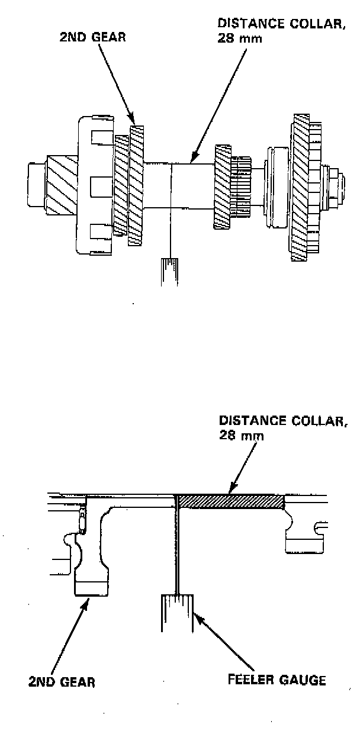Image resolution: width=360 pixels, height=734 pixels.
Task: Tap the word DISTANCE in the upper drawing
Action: [242, 24]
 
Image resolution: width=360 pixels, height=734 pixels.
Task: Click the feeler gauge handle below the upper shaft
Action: [170, 271]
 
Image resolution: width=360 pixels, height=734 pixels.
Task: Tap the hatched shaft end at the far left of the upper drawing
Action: [57, 184]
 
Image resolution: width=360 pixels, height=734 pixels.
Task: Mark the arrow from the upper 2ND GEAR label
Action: [115, 83]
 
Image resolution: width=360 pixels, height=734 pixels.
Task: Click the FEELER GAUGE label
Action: [277, 680]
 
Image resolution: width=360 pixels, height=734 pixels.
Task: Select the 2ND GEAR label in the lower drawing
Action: [61, 682]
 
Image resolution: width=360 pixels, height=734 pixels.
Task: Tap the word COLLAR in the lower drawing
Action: [308, 421]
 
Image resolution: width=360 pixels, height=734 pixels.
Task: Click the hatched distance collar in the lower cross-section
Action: [231, 501]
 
